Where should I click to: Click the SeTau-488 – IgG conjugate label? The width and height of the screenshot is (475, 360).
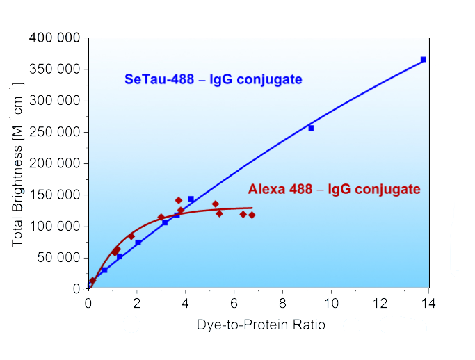213,79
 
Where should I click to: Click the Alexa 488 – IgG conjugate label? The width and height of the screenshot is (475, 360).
334,189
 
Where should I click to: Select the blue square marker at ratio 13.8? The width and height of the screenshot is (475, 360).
424,60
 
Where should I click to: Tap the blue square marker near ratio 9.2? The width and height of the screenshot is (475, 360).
311,128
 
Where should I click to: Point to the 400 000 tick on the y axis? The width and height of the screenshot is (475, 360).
54,38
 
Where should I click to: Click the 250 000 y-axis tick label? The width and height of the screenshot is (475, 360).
54,132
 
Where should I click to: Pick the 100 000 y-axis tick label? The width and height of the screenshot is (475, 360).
54,227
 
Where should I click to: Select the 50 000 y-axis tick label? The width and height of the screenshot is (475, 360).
57,258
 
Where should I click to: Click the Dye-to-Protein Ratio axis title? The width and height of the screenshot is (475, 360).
260,325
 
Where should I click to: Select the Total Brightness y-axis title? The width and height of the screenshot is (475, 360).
19,164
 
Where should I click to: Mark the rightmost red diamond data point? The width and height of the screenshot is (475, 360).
252,215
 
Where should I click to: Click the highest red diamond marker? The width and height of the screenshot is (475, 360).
179,200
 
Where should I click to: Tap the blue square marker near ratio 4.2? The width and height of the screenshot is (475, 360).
191,199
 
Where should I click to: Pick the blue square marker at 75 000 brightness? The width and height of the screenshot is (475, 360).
138,243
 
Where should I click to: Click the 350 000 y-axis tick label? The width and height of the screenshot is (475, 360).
54,69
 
